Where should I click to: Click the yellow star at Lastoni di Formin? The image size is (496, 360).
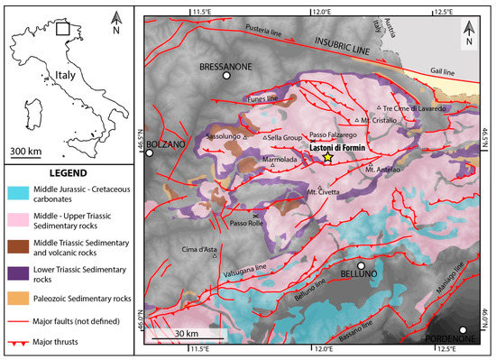click(x=326, y=157)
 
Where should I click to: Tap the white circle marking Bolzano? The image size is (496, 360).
click(x=150, y=153)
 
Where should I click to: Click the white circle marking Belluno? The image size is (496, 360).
click(x=361, y=266)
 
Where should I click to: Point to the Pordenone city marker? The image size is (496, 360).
click(x=464, y=330)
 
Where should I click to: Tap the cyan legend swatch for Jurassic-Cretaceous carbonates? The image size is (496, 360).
click(x=22, y=192)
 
